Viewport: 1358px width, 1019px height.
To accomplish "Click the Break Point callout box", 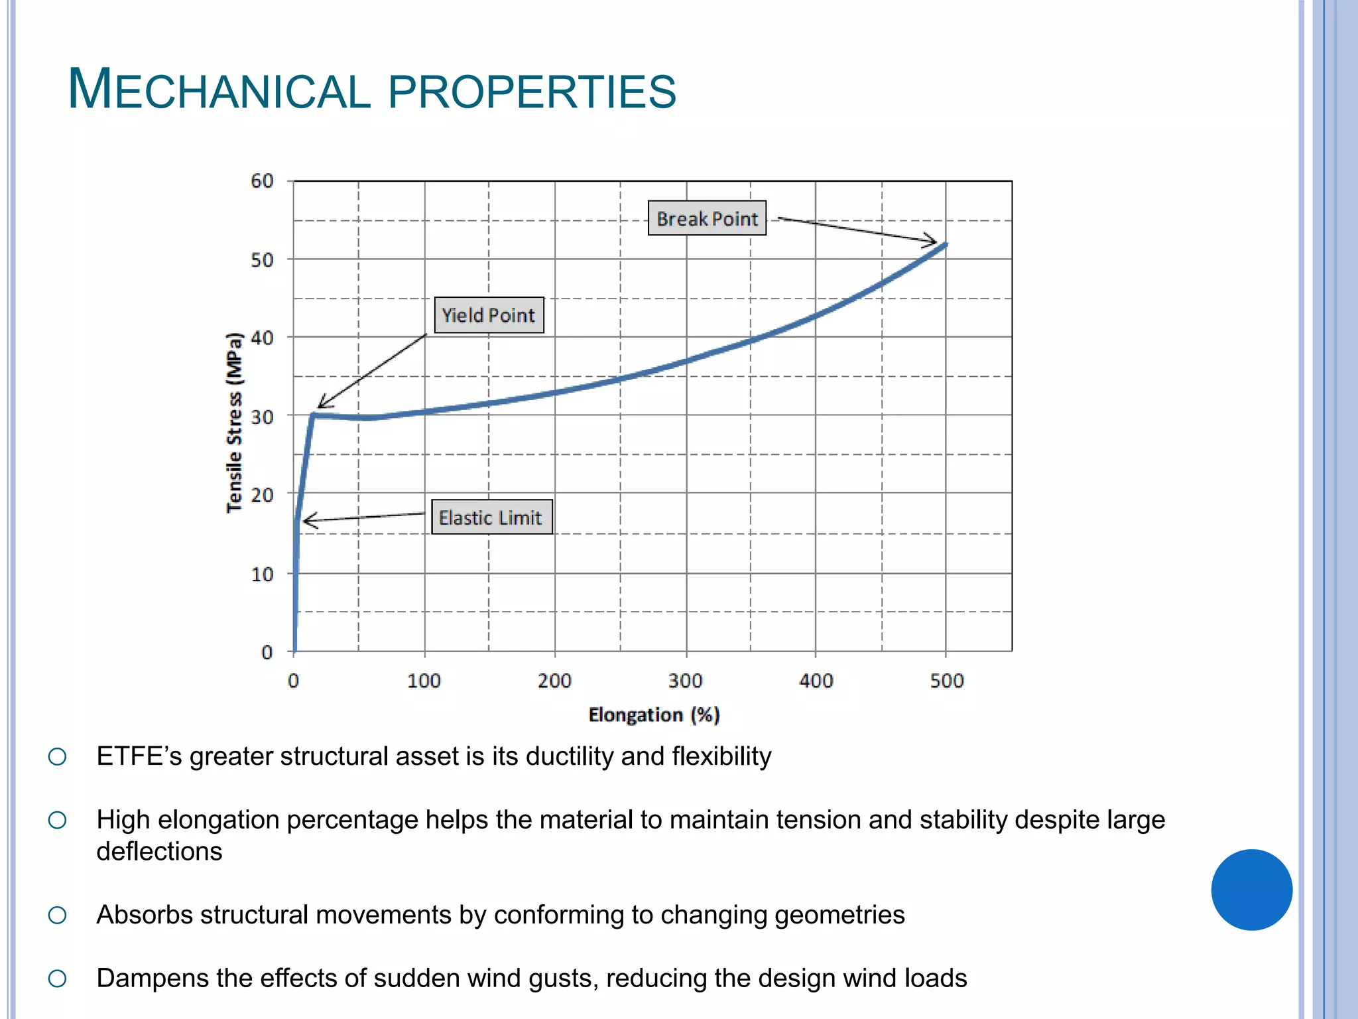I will click(x=707, y=218).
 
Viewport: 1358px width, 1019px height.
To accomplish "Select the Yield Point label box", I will click(x=489, y=315).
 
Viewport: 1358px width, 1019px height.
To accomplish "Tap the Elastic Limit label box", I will click(x=491, y=517).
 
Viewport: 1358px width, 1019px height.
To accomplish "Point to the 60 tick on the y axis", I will click(x=262, y=181).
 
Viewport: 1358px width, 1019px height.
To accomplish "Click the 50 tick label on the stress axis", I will click(x=262, y=260).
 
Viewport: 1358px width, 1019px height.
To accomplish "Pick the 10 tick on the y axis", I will click(x=262, y=575).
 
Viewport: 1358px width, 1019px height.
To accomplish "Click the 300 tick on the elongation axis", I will click(x=685, y=681).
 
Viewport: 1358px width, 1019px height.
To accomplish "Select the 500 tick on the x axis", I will click(x=946, y=681).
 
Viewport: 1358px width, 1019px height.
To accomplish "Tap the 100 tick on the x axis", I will click(x=424, y=681).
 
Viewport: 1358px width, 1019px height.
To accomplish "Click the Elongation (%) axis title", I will click(x=654, y=714).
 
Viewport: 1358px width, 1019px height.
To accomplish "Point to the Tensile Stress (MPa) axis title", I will click(x=235, y=423).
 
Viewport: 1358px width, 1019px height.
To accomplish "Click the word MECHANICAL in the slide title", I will click(x=219, y=91).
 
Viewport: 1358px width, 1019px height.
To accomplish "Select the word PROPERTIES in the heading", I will click(x=532, y=92).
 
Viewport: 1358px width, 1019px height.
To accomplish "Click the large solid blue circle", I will click(x=1251, y=890).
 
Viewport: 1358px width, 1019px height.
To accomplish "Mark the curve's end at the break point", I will click(x=945, y=245).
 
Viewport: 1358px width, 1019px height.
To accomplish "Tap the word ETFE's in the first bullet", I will click(x=139, y=756).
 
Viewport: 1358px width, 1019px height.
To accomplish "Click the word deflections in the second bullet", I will click(x=159, y=851).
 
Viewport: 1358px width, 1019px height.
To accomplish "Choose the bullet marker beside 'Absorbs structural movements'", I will click(x=58, y=916).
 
